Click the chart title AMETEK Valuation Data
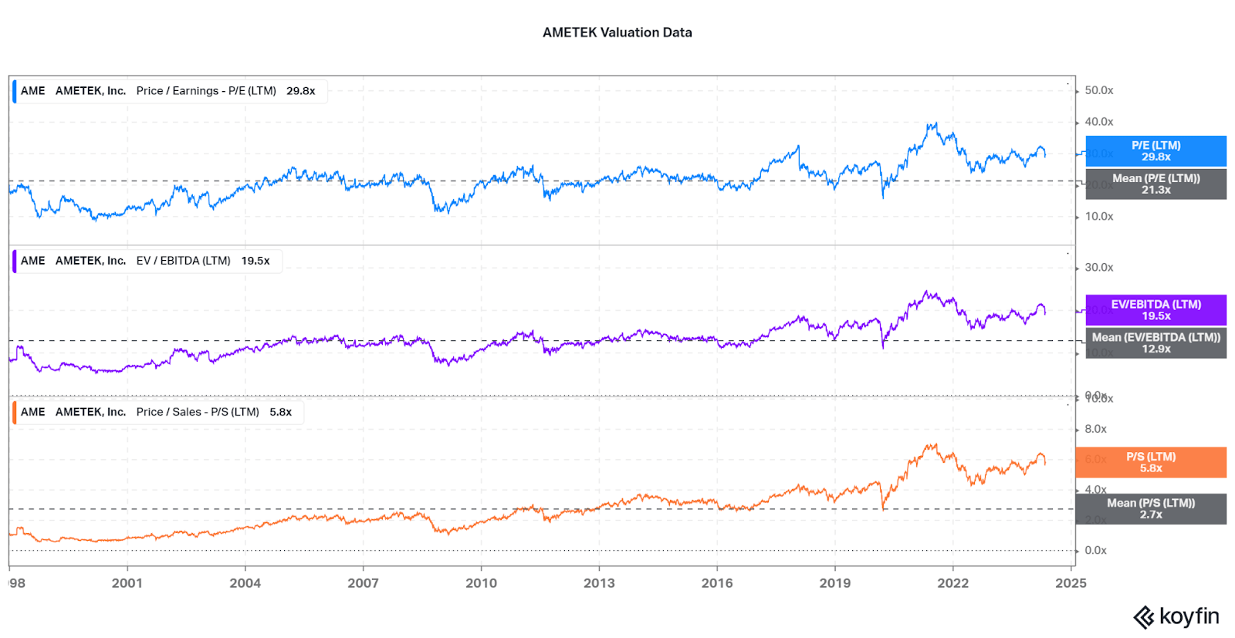[617, 32]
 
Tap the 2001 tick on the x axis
[127, 583]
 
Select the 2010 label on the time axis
[481, 583]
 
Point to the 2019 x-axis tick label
[834, 583]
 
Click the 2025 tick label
[1071, 583]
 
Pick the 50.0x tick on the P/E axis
[1098, 90]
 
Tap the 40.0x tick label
[1098, 122]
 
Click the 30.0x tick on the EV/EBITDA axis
[1098, 268]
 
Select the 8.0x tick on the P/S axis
[1095, 429]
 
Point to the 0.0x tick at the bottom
[1095, 550]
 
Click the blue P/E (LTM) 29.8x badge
[1155, 151]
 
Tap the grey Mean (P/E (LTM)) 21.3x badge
[1155, 184]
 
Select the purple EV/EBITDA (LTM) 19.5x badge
[1155, 310]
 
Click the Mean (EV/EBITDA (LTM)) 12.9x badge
[1155, 343]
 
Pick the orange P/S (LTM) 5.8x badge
[1150, 462]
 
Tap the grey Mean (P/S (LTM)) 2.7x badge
[1150, 508]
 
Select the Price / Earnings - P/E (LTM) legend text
[206, 91]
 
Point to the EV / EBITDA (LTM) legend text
[183, 261]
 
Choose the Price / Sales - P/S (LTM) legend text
[198, 412]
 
